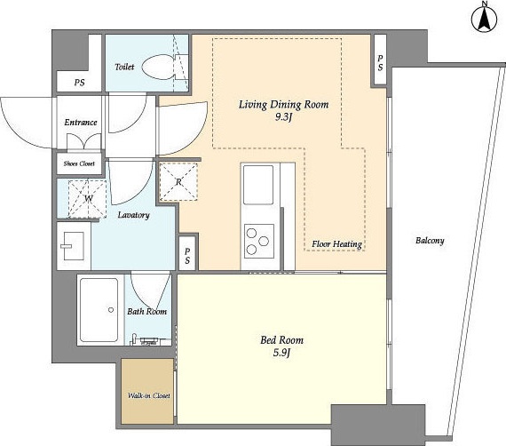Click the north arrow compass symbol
pyautogui.click(x=484, y=18)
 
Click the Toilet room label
pyautogui.click(x=124, y=67)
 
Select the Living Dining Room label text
pyautogui.click(x=284, y=105)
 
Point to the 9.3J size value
pyautogui.click(x=283, y=117)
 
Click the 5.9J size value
pyautogui.click(x=281, y=353)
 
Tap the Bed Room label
pyautogui.click(x=281, y=339)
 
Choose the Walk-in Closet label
pyautogui.click(x=149, y=395)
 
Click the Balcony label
pyautogui.click(x=430, y=241)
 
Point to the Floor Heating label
pyautogui.click(x=336, y=243)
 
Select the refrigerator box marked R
pyautogui.click(x=178, y=182)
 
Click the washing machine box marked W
pyautogui.click(x=87, y=199)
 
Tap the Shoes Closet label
pyautogui.click(x=79, y=163)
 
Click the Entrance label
pyautogui.click(x=81, y=123)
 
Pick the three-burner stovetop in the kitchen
pyautogui.click(x=259, y=242)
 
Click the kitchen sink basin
pyautogui.click(x=258, y=185)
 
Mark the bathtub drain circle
pyautogui.click(x=111, y=310)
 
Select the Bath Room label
pyautogui.click(x=146, y=311)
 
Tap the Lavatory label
pyautogui.click(x=133, y=215)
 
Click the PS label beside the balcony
pyautogui.click(x=381, y=63)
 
